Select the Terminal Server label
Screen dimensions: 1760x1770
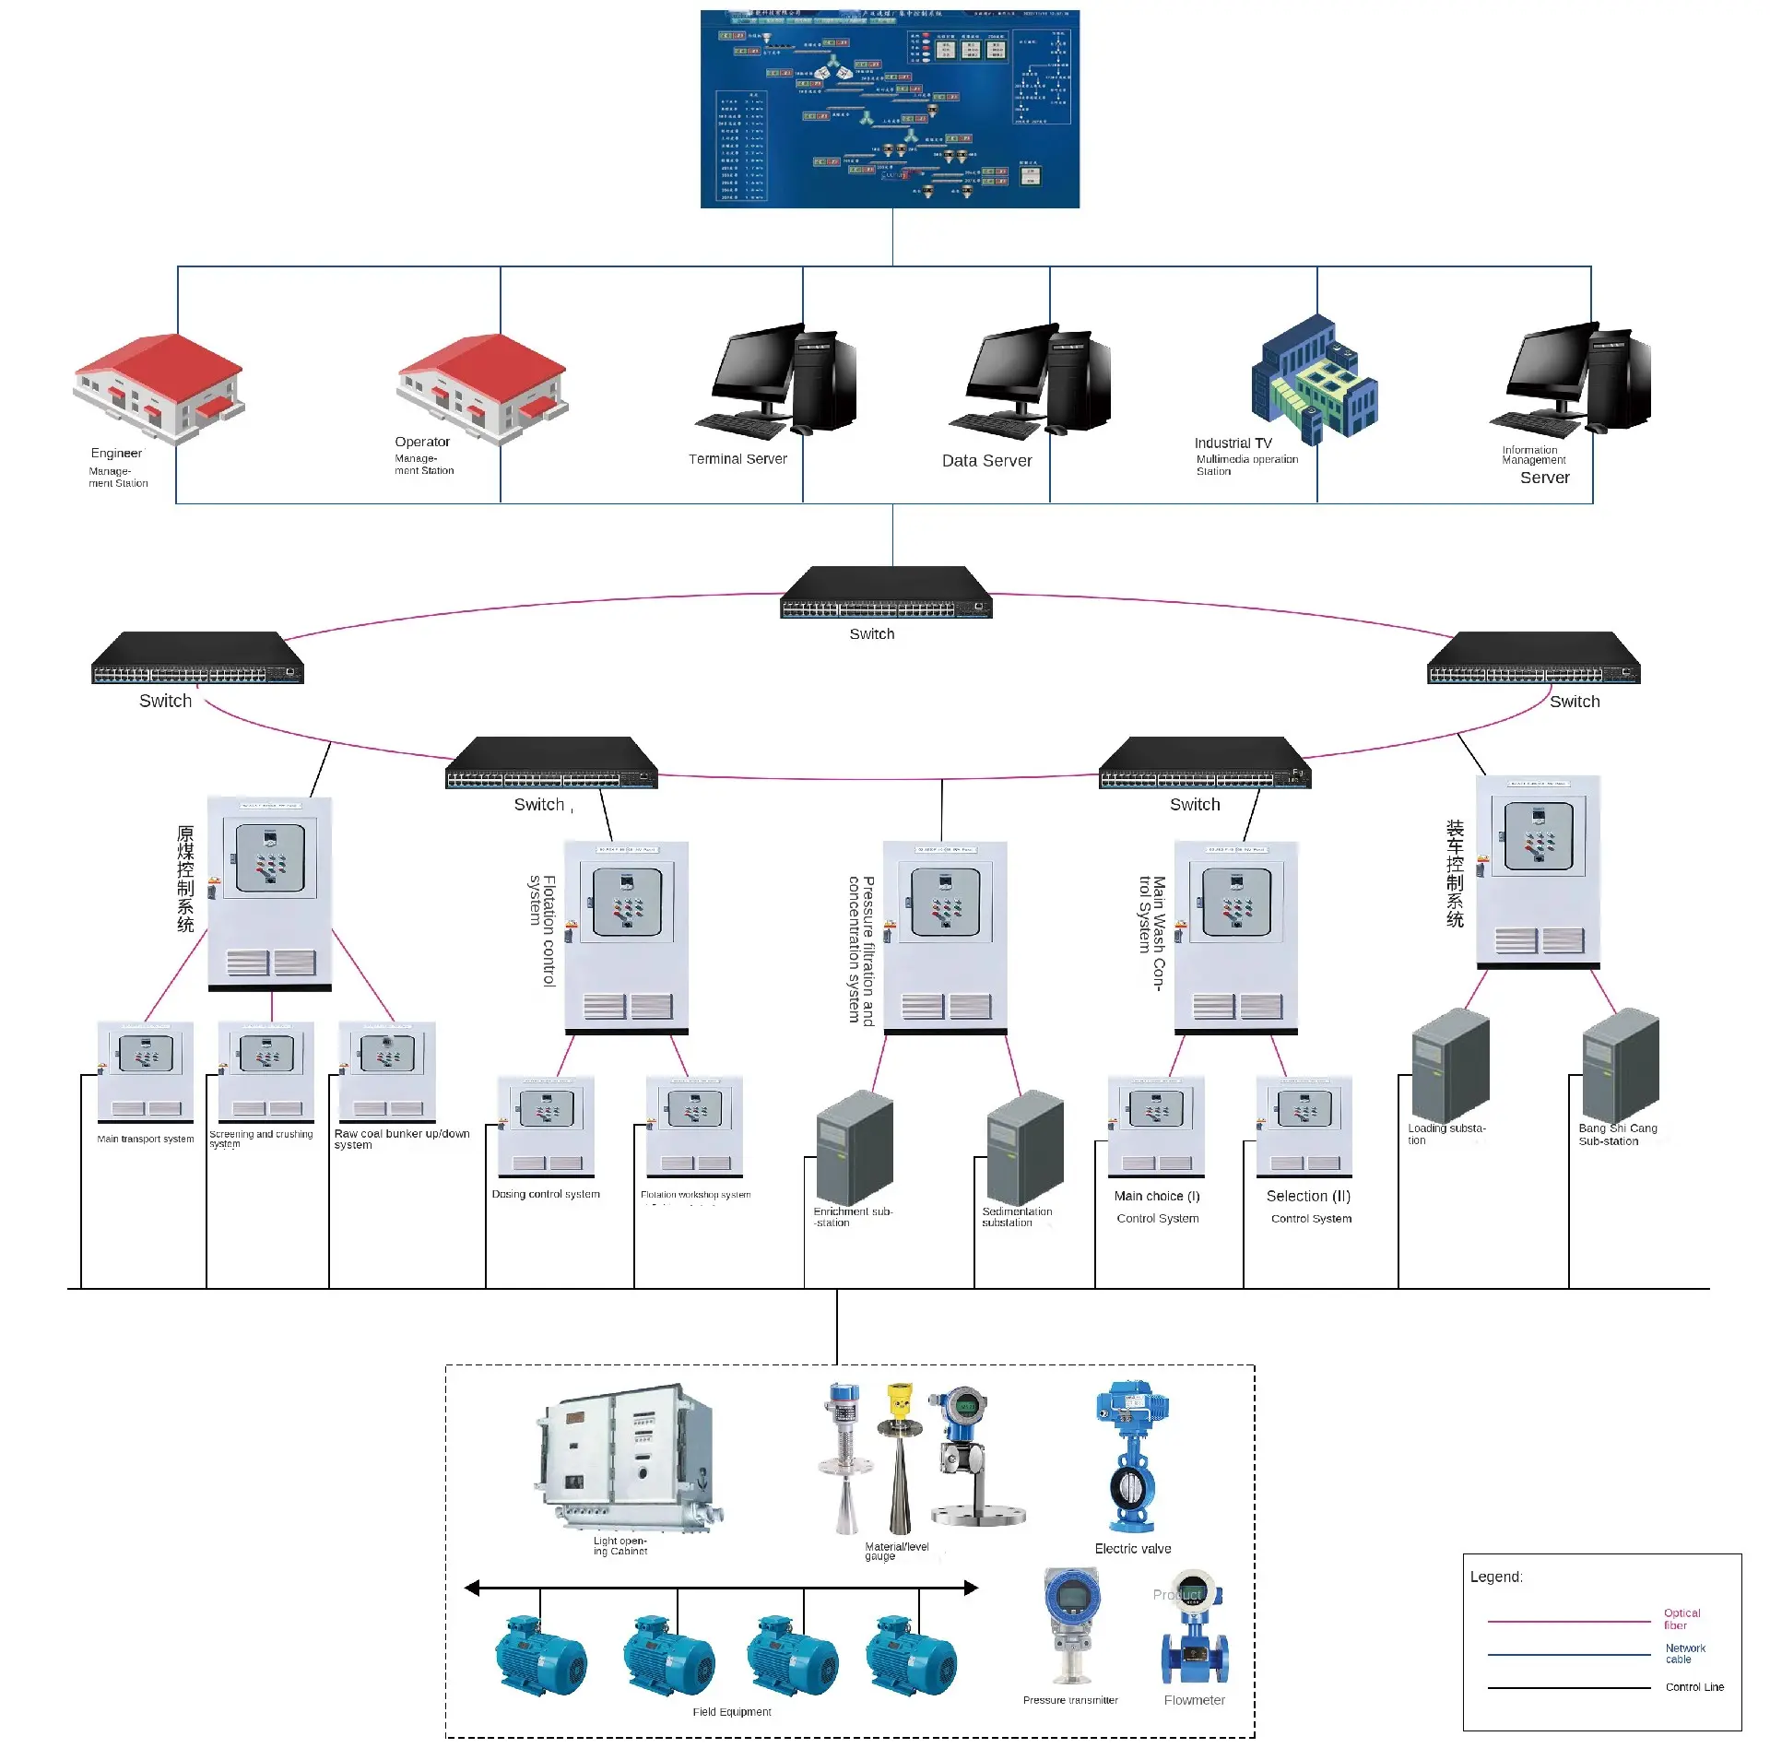(x=737, y=459)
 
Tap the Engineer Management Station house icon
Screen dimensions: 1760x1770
(x=159, y=387)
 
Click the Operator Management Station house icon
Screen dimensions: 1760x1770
(x=482, y=387)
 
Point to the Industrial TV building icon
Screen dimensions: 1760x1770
(x=1315, y=380)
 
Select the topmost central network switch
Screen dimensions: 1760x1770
(x=886, y=593)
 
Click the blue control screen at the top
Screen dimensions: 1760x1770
(x=890, y=109)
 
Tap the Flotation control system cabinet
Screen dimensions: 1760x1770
(x=626, y=937)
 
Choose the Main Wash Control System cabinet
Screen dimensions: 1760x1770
(x=1235, y=937)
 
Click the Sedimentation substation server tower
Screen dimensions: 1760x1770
(x=1024, y=1148)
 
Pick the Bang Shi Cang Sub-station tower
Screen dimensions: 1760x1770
(x=1620, y=1065)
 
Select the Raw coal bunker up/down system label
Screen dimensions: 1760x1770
(x=401, y=1139)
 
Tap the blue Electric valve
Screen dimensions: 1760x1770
(x=1131, y=1457)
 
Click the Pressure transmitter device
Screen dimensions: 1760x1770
(x=1071, y=1624)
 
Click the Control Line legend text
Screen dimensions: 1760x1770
(x=1693, y=1687)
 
